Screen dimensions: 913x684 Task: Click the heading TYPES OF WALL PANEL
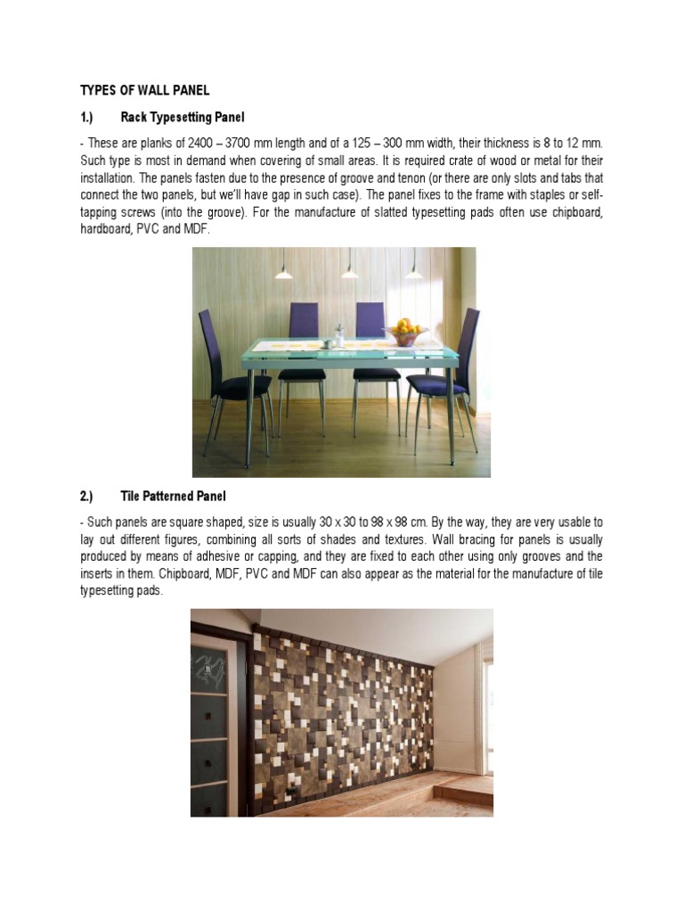pos(144,90)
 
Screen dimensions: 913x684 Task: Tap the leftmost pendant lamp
pos(283,274)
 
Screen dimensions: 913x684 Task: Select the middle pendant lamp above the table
pos(350,274)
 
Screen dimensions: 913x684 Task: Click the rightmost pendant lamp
pos(414,274)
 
